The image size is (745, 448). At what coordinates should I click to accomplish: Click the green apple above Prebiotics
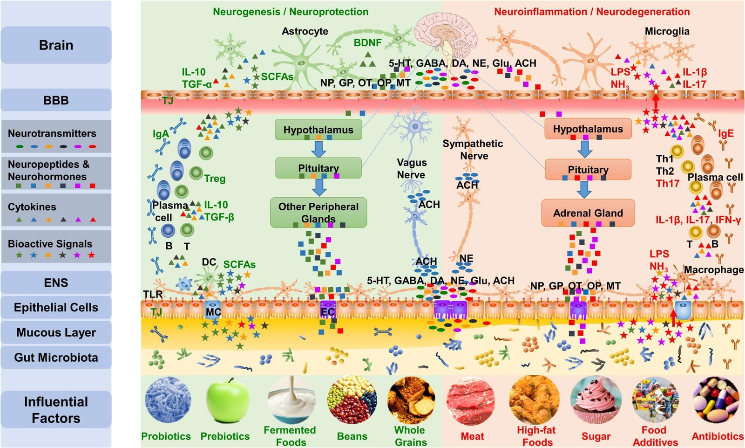coord(228,400)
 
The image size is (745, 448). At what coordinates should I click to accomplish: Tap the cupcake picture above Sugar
coord(596,400)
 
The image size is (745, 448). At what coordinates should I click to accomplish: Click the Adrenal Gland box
coord(588,213)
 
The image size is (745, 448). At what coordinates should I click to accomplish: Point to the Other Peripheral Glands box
coord(318,213)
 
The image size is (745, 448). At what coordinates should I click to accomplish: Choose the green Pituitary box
coord(318,168)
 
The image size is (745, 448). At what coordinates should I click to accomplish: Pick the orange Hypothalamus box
coord(588,129)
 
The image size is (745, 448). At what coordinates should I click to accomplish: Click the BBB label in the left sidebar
coord(56,100)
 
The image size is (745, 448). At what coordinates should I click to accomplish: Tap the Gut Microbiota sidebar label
coord(56,358)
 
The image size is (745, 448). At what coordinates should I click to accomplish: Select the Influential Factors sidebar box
coord(56,409)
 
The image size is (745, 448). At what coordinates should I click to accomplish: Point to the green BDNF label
coord(367,42)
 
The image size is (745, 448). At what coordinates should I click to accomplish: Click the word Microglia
coord(667,31)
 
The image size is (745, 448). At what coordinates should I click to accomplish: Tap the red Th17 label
coord(668,183)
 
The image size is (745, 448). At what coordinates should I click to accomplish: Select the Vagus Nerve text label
coord(411,169)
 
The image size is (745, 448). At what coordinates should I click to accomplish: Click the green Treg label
coord(215,179)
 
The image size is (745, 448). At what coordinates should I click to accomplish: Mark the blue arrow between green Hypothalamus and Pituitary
coord(318,149)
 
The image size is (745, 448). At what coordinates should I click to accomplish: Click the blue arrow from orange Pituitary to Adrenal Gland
coord(584,189)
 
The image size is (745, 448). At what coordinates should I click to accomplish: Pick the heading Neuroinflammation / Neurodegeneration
coord(592,12)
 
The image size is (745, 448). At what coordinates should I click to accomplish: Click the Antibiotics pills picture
coord(717,400)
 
